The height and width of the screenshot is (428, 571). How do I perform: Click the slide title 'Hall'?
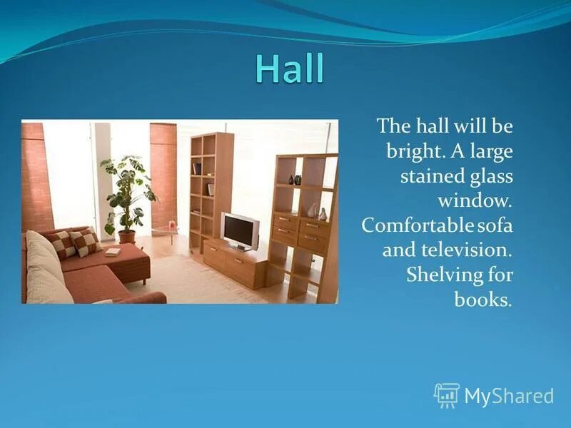point(289,69)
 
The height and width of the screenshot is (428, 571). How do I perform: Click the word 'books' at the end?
point(482,299)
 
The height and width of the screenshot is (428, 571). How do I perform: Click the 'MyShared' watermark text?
point(509,396)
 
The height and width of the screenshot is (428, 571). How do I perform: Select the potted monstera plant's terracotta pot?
point(126,236)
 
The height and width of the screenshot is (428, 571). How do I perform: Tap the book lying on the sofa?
point(112,251)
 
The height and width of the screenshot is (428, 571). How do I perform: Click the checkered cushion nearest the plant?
point(86,241)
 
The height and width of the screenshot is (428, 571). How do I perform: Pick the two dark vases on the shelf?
point(294,180)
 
